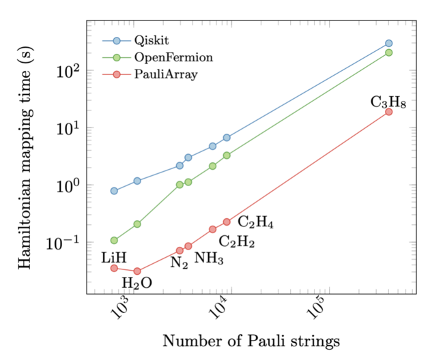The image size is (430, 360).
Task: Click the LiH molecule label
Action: (x=115, y=258)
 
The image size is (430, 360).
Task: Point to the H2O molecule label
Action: (x=137, y=282)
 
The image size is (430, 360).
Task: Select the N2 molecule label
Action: (x=180, y=262)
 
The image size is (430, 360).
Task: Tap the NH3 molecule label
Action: (x=209, y=258)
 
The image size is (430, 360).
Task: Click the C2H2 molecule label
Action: (x=236, y=241)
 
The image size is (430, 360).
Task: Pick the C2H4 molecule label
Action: (x=255, y=222)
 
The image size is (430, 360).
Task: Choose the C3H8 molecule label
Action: (x=388, y=103)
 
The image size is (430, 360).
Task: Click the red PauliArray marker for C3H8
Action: (x=388, y=112)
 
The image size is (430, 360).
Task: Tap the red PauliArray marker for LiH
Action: (x=114, y=269)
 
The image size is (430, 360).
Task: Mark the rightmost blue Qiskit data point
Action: (x=388, y=43)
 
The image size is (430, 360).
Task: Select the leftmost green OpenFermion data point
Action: (x=114, y=240)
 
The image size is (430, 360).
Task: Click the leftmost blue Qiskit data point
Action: (x=114, y=191)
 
